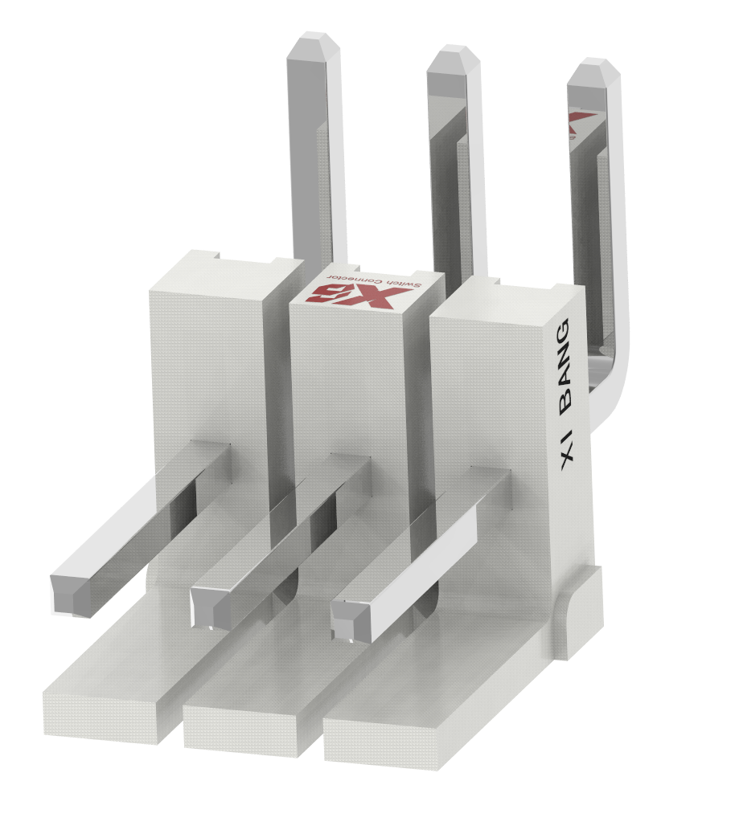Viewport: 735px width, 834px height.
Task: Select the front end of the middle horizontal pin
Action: point(211,608)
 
